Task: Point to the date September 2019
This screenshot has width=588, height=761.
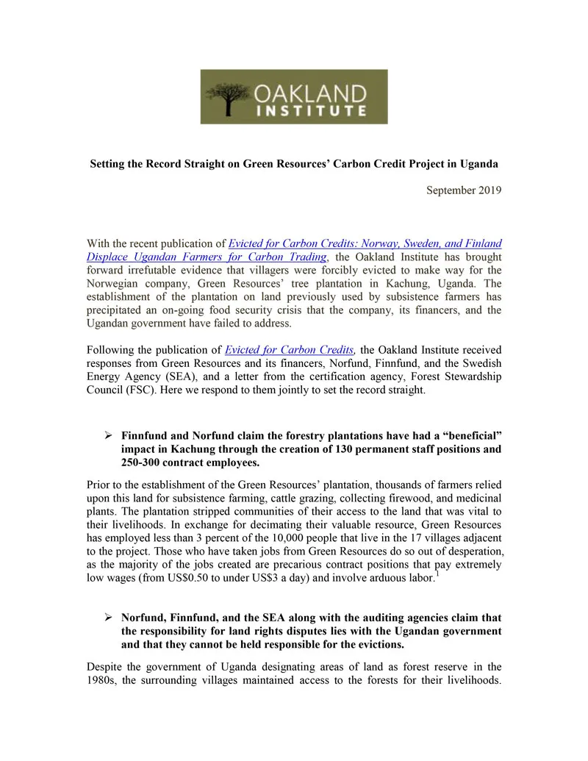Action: point(464,191)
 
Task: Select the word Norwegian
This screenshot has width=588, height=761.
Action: point(113,282)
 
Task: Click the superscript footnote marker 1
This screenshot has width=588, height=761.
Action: point(437,574)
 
